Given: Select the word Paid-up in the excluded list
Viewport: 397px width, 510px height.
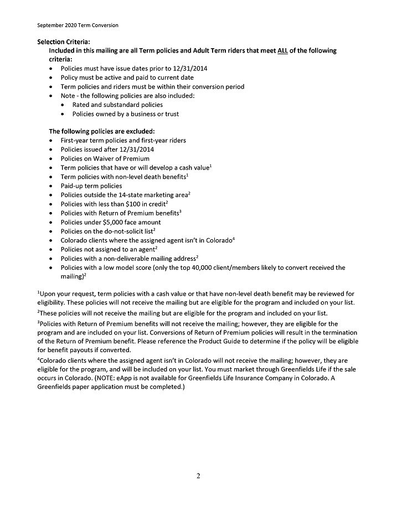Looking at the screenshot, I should coord(72,186).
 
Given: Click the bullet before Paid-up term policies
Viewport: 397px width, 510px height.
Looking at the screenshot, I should coord(51,186).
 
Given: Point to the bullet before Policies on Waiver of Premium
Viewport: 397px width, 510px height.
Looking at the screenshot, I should coord(51,158).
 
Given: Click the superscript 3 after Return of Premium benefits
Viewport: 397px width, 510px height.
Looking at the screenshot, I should coord(181,211).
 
